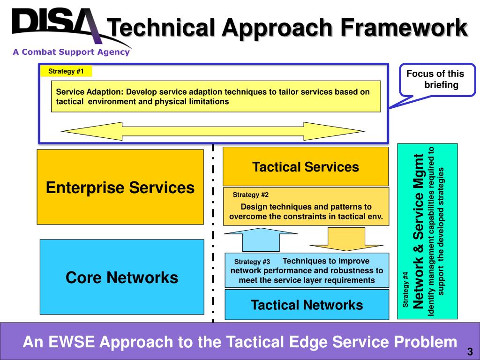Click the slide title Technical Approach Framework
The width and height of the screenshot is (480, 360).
287,28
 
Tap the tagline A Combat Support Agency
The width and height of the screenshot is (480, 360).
71,52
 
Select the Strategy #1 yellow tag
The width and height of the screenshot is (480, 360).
66,71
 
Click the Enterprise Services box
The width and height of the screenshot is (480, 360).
120,187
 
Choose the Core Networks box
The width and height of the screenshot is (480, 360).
122,277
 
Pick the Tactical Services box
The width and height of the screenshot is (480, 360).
306,166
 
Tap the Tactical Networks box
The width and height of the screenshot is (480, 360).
307,305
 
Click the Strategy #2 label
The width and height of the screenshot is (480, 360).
251,195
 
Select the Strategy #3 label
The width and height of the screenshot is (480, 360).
252,262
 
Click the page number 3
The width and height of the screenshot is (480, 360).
469,352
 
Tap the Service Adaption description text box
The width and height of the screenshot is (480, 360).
216,96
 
